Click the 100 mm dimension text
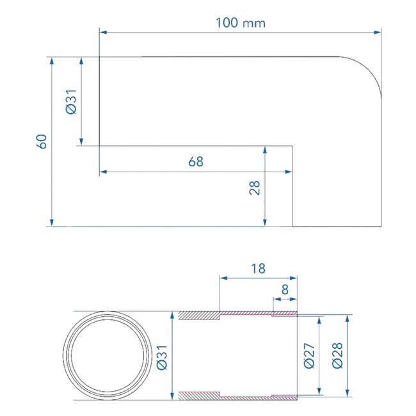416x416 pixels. (240, 23)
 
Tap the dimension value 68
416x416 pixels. (196, 162)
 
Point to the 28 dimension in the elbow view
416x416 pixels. (255, 188)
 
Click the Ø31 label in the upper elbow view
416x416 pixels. (72, 101)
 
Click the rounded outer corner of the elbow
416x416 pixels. (369, 70)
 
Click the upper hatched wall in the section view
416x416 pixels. (198, 316)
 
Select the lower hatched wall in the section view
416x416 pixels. (198, 395)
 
